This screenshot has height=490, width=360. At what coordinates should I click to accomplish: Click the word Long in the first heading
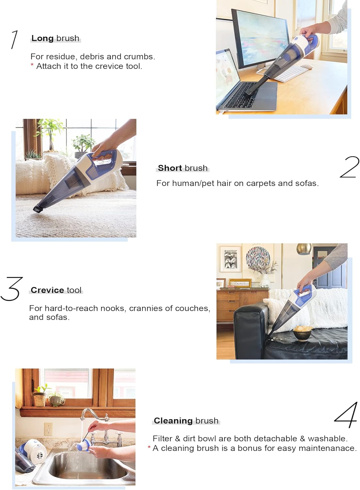pyautogui.click(x=42, y=38)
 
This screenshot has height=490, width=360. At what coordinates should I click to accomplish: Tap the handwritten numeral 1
pyautogui.click(x=14, y=40)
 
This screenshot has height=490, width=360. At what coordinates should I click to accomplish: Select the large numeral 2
pyautogui.click(x=349, y=167)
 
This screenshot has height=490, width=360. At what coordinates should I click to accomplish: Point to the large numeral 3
pyautogui.click(x=12, y=289)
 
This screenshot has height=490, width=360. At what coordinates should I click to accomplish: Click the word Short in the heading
pyautogui.click(x=170, y=168)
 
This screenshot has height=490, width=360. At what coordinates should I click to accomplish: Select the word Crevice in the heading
pyautogui.click(x=47, y=290)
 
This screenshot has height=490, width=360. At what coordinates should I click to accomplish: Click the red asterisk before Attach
pyautogui.click(x=32, y=65)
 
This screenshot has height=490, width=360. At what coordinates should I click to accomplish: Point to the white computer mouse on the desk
pyautogui.click(x=306, y=67)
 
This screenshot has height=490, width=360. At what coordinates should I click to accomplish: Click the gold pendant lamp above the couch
pyautogui.click(x=304, y=249)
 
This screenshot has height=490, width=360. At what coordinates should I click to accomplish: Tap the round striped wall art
pyautogui.click(x=258, y=258)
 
